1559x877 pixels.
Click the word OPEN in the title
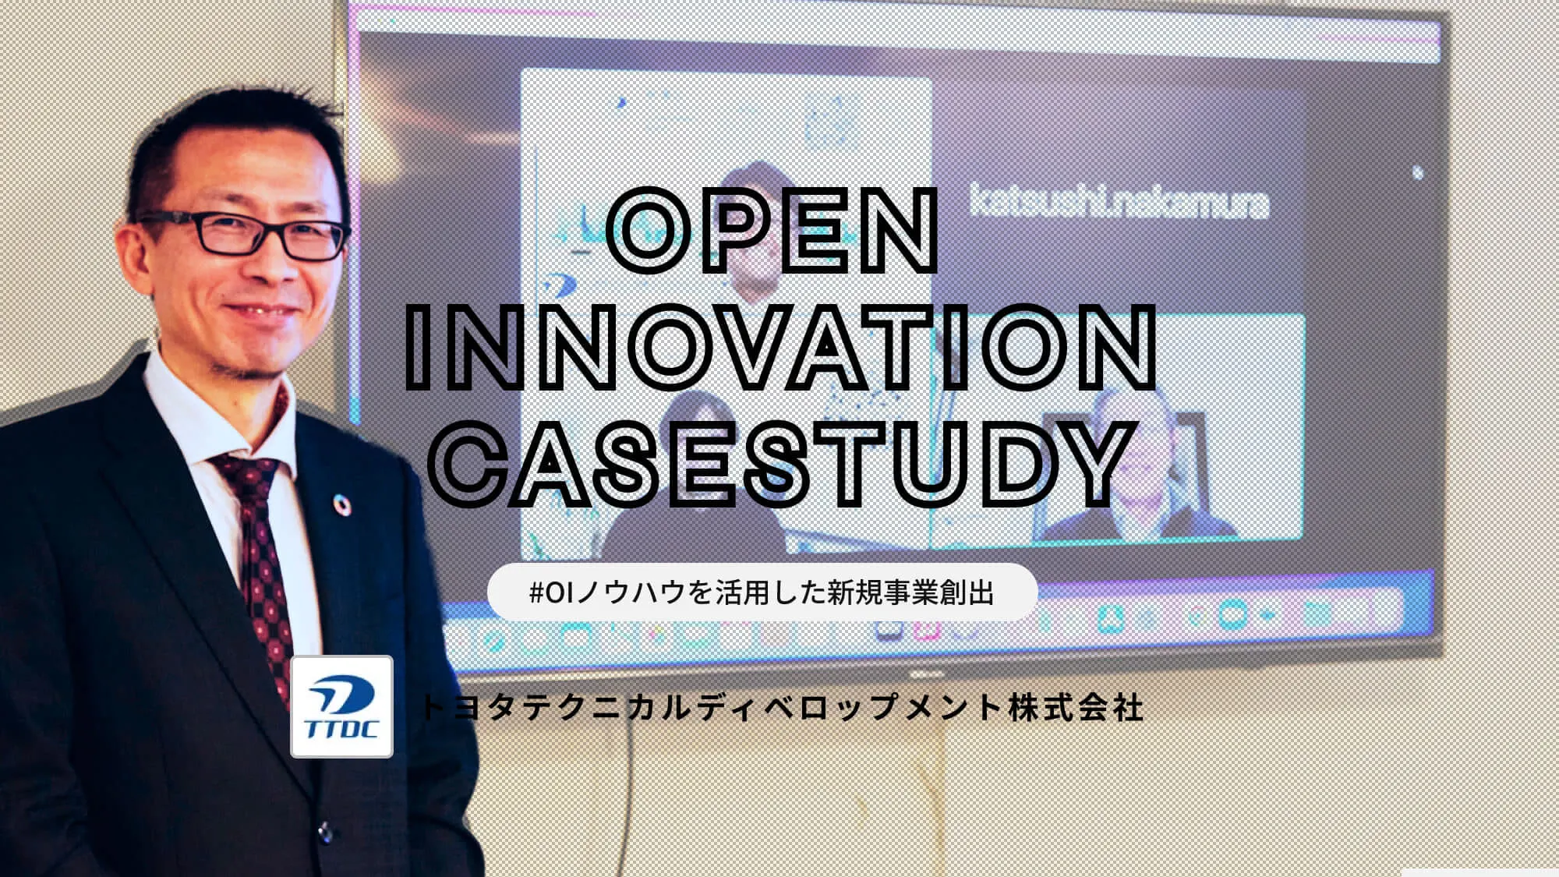[x=771, y=232]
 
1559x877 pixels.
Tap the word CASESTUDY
[x=780, y=465]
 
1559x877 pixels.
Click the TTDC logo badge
[x=341, y=706]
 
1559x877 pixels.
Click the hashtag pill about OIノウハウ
[x=762, y=592]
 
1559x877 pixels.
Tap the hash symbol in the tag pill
[x=536, y=593]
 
